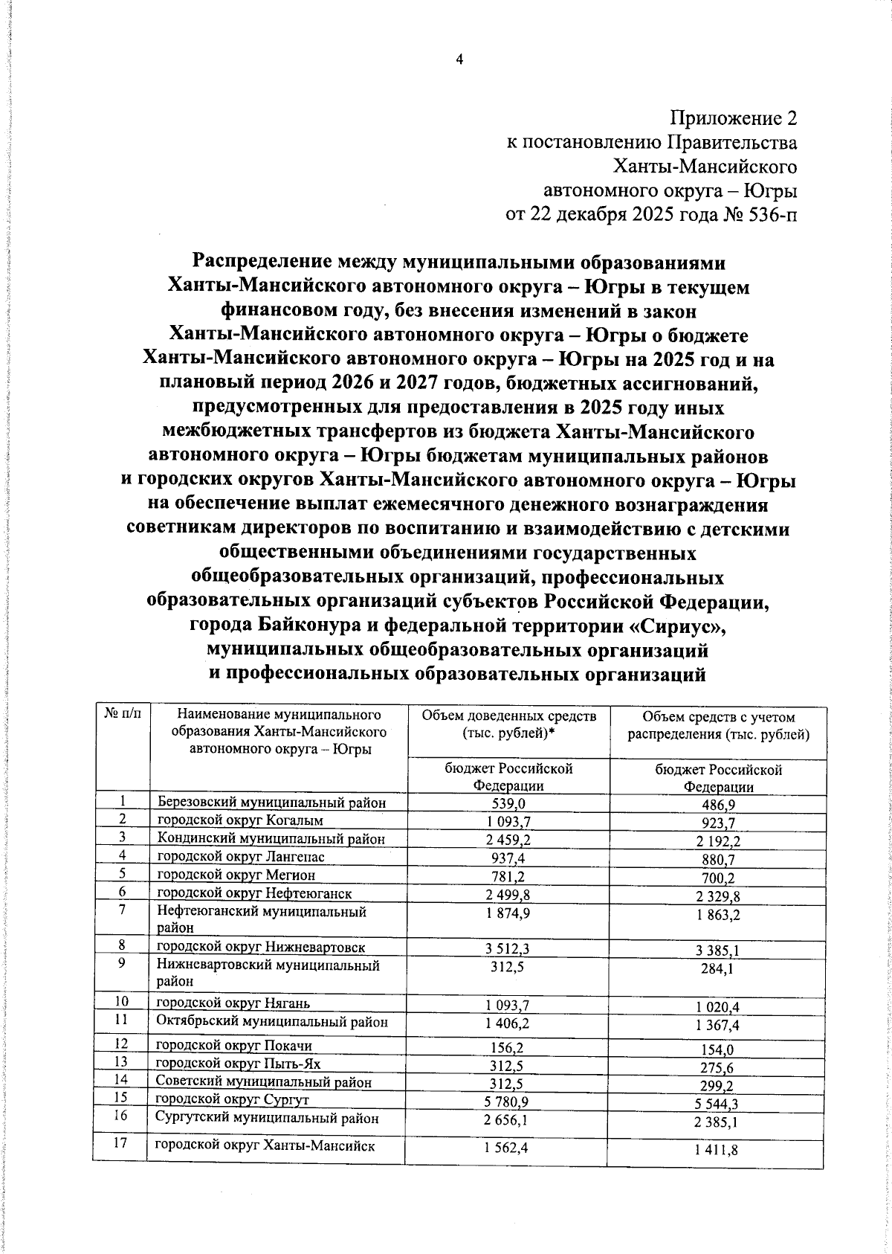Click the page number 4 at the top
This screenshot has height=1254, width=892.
pyautogui.click(x=459, y=60)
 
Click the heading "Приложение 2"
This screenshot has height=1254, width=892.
pyautogui.click(x=733, y=118)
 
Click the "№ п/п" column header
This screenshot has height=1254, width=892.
pyautogui.click(x=122, y=716)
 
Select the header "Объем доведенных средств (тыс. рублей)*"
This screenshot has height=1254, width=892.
pyautogui.click(x=508, y=724)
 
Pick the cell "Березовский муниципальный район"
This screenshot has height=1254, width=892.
pyautogui.click(x=272, y=803)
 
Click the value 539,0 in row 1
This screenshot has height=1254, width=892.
pyautogui.click(x=508, y=804)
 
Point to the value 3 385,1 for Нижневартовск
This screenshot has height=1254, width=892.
pyautogui.click(x=718, y=950)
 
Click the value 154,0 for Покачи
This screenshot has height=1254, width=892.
pyautogui.click(x=718, y=1049)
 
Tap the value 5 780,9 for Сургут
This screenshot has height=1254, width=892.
pyautogui.click(x=508, y=1101)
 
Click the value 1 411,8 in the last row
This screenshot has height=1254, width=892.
pyautogui.click(x=718, y=1151)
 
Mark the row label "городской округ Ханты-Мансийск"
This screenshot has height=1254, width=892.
pyautogui.click(x=265, y=1145)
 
